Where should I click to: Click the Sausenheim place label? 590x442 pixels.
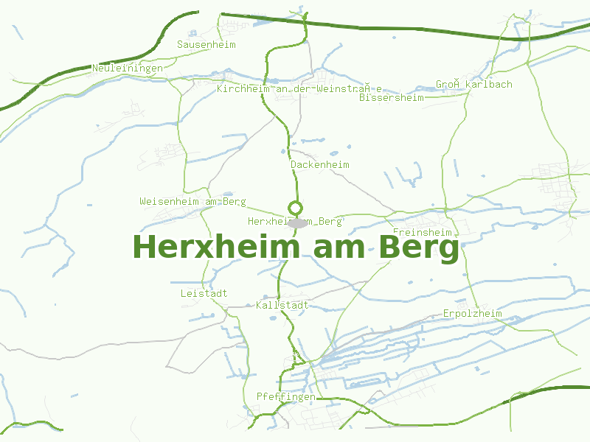coord(206,45)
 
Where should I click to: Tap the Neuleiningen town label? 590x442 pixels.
coord(128,69)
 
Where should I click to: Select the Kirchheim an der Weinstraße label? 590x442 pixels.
coord(299,89)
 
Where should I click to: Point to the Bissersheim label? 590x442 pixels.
coord(392,97)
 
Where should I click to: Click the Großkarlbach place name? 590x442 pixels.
coord(473,85)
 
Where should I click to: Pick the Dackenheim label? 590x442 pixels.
coord(320,165)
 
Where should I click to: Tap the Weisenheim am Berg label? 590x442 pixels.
coord(192,202)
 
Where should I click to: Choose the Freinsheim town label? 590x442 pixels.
coord(422,233)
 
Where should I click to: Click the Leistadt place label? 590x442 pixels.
coord(204,294)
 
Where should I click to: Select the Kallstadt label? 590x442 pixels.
coord(282,305)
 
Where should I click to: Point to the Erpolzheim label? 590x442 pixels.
coord(472,314)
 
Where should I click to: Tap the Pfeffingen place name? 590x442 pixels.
coord(285,397)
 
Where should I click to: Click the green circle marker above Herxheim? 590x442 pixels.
coord(295,208)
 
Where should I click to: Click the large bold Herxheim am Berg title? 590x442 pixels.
coord(296,247)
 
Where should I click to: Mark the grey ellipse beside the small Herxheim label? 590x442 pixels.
coord(298,222)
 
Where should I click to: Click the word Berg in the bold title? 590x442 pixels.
coord(419,248)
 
